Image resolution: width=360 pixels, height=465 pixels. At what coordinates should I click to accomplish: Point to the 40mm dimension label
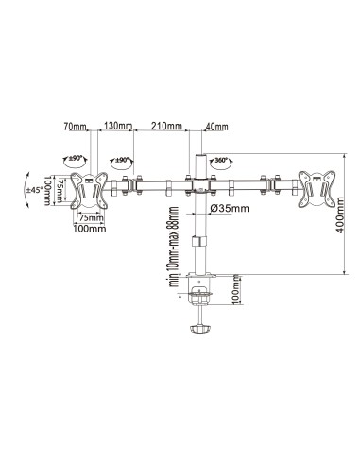tap(216, 126)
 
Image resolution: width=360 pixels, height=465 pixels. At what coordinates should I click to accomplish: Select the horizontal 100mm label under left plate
tap(90, 230)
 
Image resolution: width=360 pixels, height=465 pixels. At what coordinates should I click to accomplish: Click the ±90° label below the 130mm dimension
tap(122, 160)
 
